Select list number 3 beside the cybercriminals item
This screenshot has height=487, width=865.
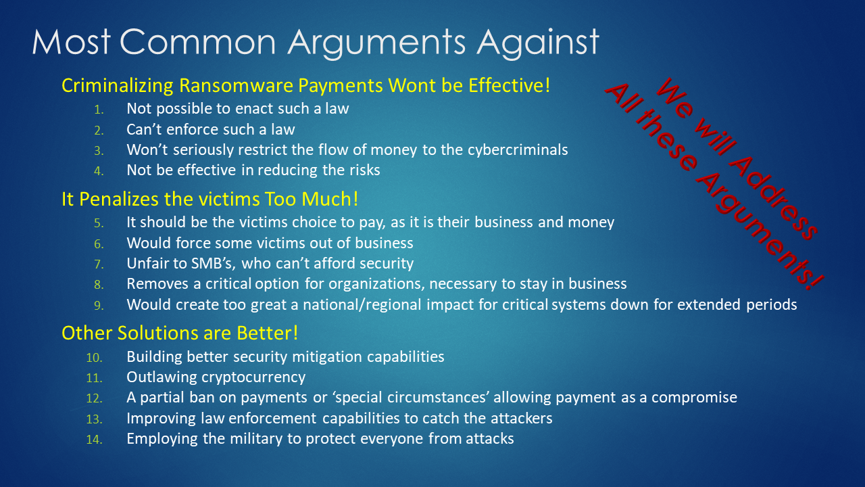pos(99,150)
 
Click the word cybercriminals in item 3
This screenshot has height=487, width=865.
pos(518,150)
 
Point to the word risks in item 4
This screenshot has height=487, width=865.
pos(364,170)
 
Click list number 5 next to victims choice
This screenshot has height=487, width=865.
pos(99,223)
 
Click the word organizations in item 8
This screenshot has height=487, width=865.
pos(376,284)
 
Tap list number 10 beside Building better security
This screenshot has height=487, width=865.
pos(94,358)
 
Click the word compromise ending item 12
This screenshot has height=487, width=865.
pos(694,398)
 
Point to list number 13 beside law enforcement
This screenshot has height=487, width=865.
pos(94,419)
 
